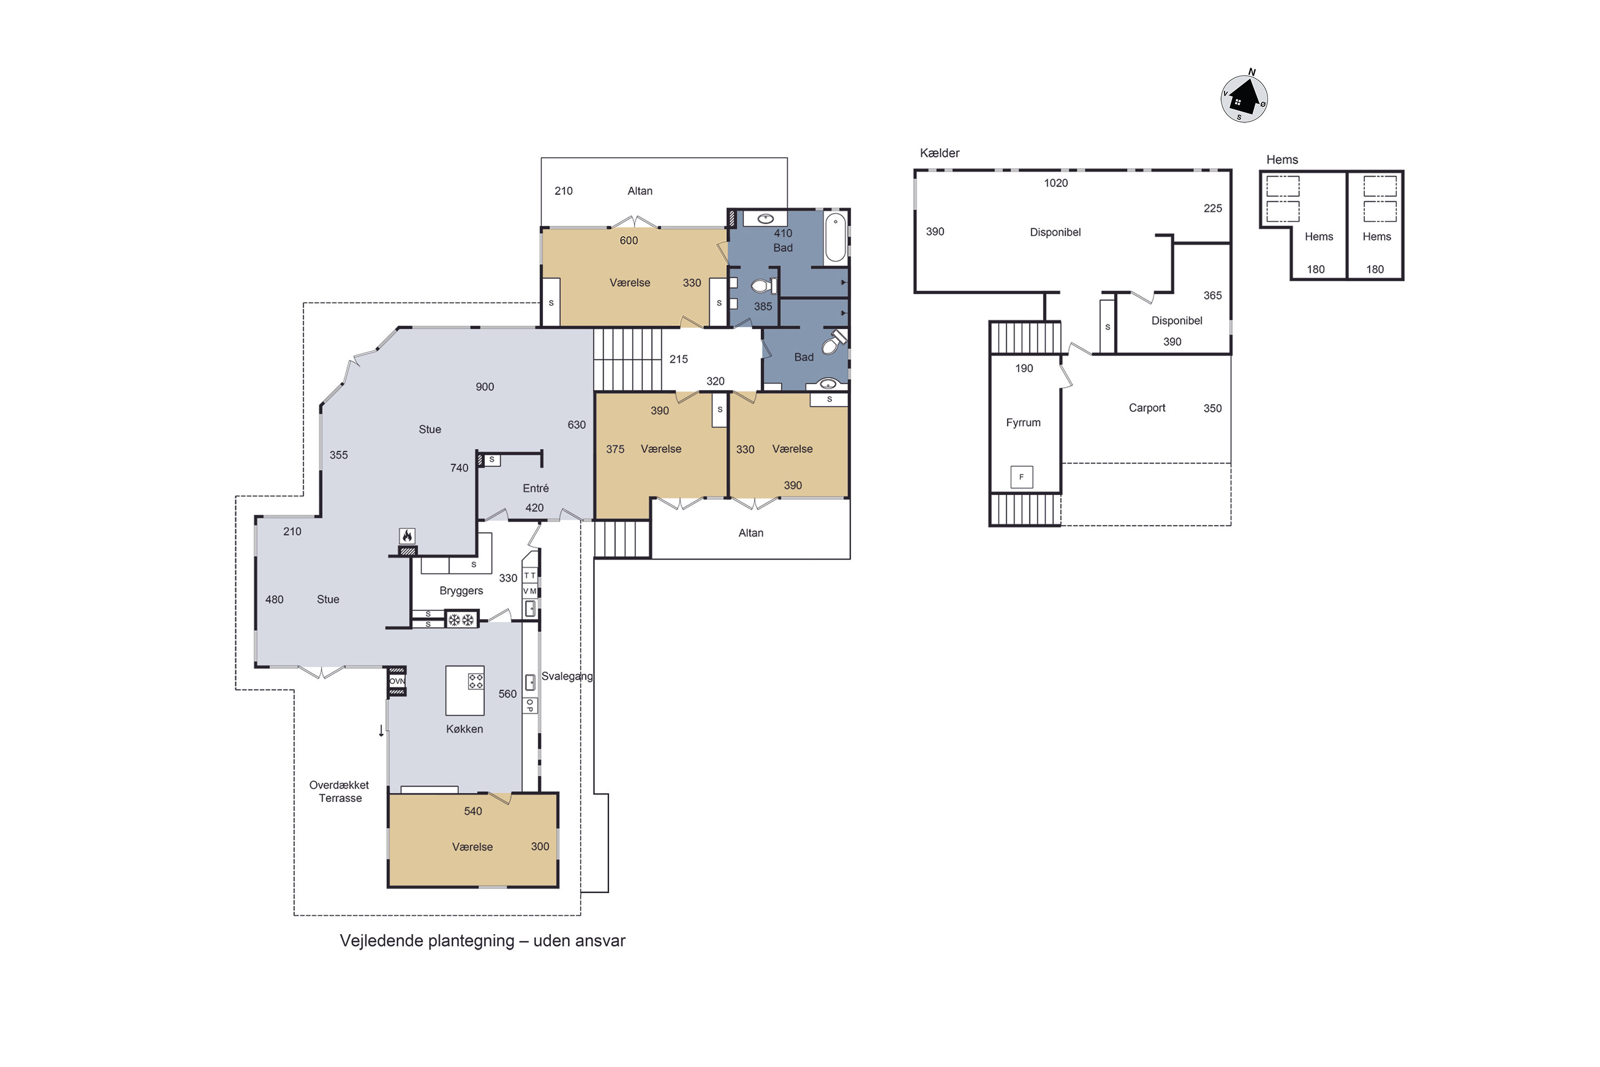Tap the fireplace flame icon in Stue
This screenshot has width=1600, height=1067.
point(407,536)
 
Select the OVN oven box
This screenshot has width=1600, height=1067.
point(397,681)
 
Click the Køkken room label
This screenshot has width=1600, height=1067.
point(465,729)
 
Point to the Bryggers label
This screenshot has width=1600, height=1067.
point(461,591)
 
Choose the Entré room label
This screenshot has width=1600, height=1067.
point(535,488)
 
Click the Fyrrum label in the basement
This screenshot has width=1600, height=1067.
point(1023,423)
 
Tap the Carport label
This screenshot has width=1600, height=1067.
point(1147,408)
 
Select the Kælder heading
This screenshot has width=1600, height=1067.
point(939,153)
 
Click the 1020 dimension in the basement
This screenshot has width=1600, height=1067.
point(1056,183)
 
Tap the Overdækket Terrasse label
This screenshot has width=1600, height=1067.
point(339,791)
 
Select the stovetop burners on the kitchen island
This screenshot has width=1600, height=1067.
point(476,681)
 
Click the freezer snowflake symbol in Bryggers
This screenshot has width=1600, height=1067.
point(461,620)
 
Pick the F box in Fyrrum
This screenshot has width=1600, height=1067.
point(1021,477)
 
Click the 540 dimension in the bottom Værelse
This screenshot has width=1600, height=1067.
point(473,811)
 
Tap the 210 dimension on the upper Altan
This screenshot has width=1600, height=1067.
point(563,191)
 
